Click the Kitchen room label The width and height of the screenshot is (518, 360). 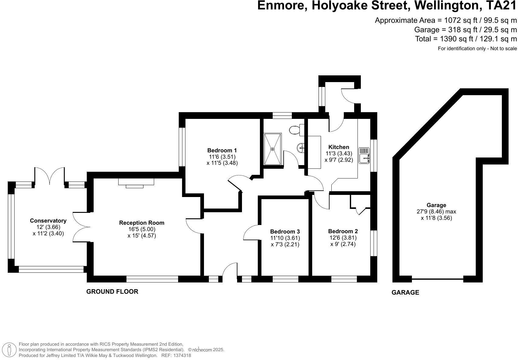coord(339,147)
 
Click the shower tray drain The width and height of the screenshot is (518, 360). coord(272,149)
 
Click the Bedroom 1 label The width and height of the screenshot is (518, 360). coord(222,150)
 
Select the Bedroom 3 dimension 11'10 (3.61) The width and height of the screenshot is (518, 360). coord(285,238)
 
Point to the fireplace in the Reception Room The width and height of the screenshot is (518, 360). coord(136,182)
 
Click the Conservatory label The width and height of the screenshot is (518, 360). coord(48,221)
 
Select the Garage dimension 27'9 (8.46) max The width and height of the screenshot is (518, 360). coord(436,212)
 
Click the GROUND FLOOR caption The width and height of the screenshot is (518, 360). coord(112,292)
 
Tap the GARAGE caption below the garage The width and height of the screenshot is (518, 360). coord(405,292)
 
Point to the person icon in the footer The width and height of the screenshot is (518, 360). coord(10,350)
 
